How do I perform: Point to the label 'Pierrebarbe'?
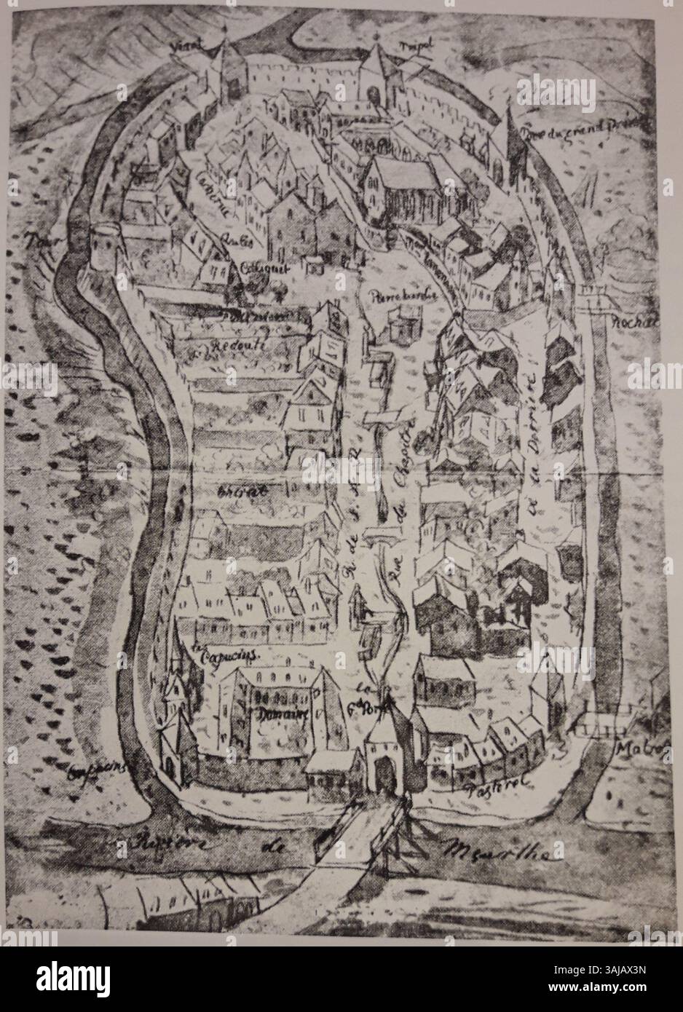(x=392, y=296)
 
